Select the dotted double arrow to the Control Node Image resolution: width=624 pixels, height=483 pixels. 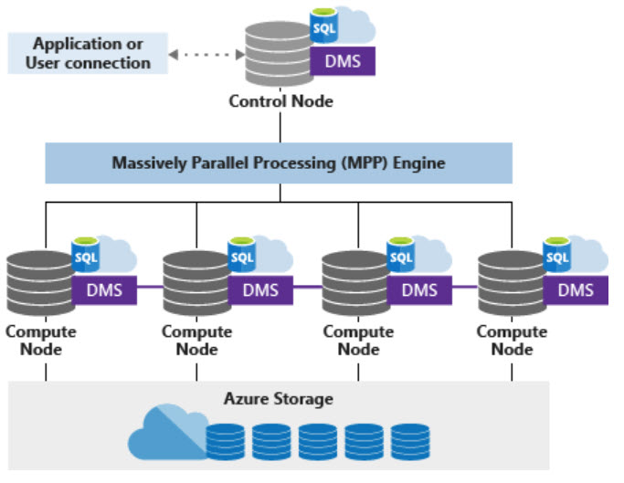coord(202,54)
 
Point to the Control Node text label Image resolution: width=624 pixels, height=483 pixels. coord(280,101)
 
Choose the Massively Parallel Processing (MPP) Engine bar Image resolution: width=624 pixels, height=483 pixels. coord(279,164)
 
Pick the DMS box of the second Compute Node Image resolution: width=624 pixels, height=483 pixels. coord(260,291)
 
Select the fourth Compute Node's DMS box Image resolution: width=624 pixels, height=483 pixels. coord(576,291)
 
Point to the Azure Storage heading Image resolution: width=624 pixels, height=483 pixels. coord(278,399)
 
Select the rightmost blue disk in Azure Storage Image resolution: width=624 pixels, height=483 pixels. coord(409,440)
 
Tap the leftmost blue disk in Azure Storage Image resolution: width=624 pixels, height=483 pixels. coord(226,440)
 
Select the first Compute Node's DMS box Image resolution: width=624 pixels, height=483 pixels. coord(105,291)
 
